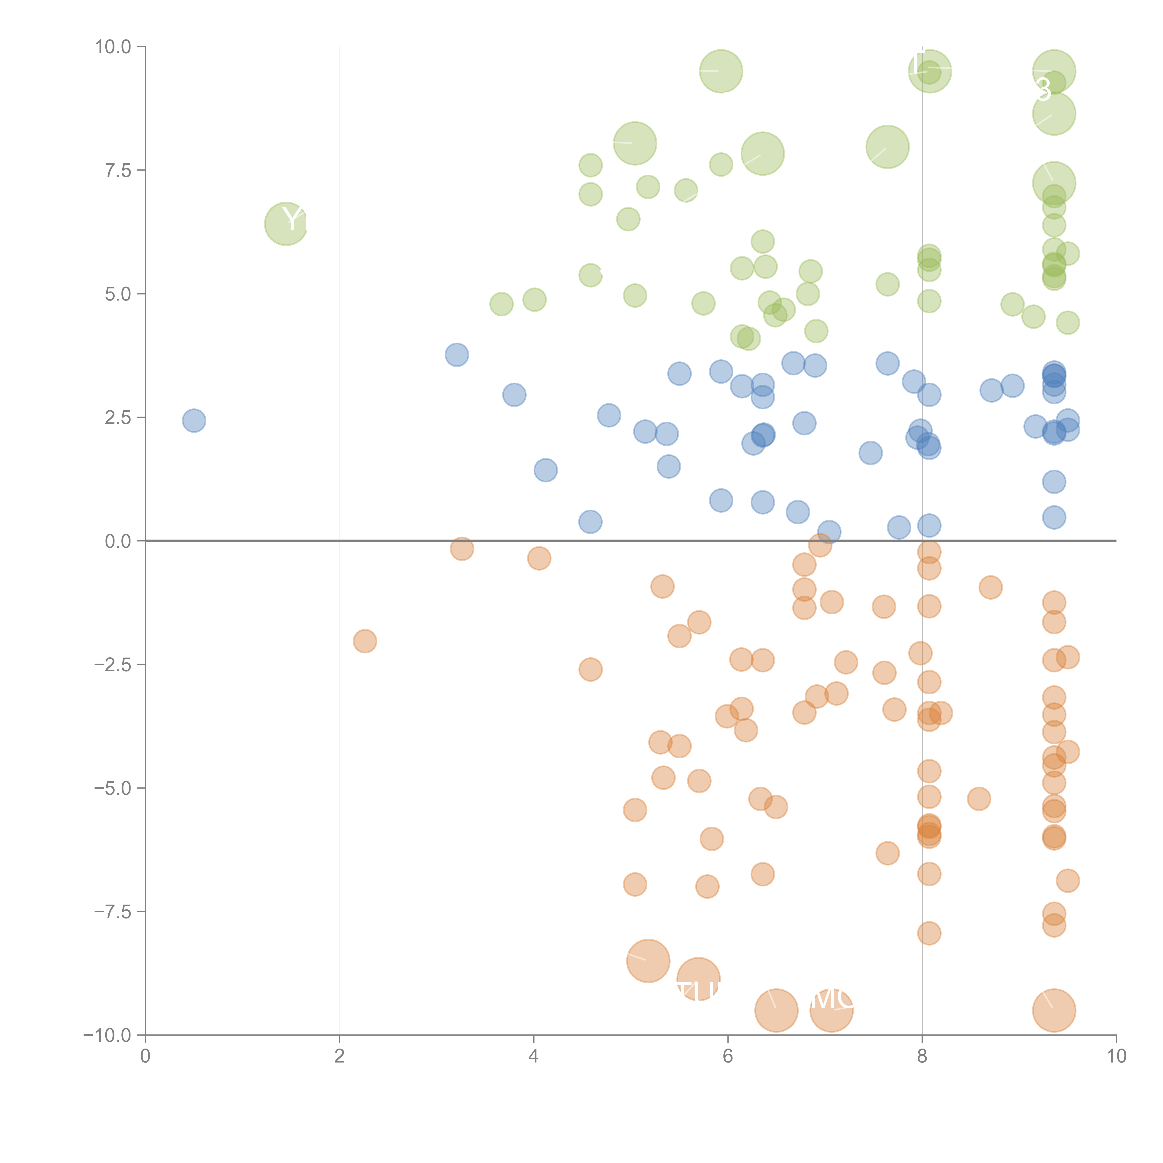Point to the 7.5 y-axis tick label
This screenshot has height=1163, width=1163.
[117, 170]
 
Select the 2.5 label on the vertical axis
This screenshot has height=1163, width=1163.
[117, 417]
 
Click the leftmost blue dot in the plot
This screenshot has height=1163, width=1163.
[194, 420]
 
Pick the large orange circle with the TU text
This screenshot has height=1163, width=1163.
[698, 979]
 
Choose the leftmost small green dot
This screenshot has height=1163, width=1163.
[501, 304]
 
